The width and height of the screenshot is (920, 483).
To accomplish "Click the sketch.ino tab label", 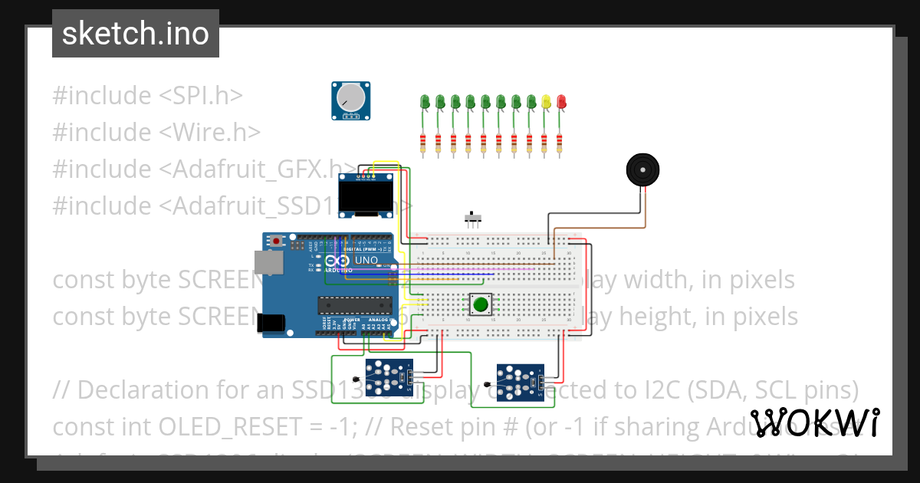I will coord(136,34).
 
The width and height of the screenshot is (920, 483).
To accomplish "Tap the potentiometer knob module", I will coord(350,100).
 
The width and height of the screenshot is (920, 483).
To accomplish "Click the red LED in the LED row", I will coord(561,101).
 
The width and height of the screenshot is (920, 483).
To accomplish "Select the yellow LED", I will coord(546,101).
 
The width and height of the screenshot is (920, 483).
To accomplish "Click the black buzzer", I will coord(642,169).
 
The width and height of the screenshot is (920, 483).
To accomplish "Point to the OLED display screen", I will coord(366,198).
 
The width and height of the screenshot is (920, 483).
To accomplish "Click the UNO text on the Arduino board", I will coord(367,260).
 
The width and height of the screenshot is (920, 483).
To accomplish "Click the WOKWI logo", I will coord(814,422).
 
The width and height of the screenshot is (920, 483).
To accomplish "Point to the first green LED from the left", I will coord(425,101).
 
